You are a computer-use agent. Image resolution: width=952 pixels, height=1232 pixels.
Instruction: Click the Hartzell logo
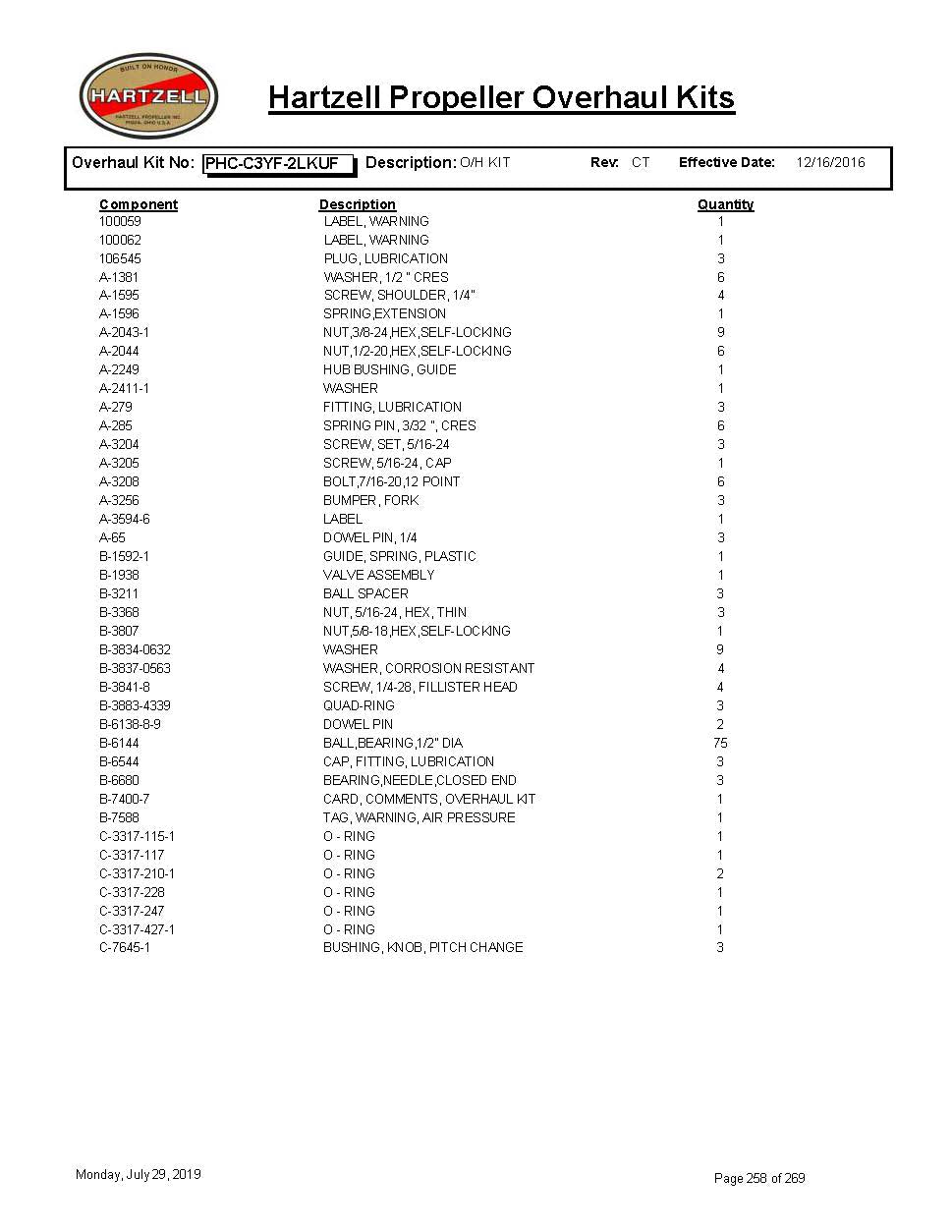(148, 96)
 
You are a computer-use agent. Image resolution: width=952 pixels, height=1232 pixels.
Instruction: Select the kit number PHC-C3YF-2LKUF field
(278, 163)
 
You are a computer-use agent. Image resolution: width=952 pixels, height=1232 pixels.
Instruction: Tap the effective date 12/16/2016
(830, 162)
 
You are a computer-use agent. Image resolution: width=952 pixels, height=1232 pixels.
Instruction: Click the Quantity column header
(725, 204)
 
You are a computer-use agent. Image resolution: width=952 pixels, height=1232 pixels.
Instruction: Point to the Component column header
(139, 204)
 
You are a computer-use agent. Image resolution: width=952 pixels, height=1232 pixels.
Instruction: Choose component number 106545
(120, 258)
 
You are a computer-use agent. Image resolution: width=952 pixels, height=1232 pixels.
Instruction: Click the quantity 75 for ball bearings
(720, 743)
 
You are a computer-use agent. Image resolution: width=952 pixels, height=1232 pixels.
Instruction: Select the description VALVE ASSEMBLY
(378, 575)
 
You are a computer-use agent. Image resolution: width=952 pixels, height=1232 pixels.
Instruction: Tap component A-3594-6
(125, 519)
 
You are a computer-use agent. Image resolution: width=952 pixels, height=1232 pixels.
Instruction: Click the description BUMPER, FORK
(370, 500)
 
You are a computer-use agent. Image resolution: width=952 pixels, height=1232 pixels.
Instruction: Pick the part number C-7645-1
(125, 947)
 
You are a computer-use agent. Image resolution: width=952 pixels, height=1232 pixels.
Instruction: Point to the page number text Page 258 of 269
(759, 1178)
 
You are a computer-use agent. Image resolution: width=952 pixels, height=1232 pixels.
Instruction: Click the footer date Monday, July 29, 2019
(139, 1174)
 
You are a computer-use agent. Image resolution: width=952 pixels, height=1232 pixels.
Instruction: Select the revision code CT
(641, 162)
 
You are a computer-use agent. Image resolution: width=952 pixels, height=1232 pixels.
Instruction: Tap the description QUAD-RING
(359, 705)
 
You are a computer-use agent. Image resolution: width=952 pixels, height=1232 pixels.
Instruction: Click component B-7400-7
(125, 799)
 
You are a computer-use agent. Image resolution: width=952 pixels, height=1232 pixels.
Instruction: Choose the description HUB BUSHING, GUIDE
(389, 369)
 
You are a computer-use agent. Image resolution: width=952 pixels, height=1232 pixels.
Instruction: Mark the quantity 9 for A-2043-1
(720, 332)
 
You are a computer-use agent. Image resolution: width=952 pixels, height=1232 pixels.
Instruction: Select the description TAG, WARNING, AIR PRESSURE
(419, 817)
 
